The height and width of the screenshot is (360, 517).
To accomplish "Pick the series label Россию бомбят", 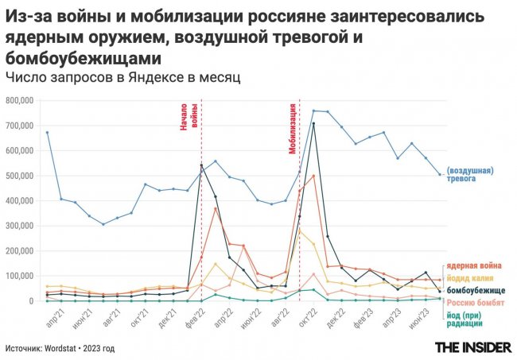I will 475,303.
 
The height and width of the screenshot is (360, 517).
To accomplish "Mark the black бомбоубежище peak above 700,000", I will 313,123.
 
